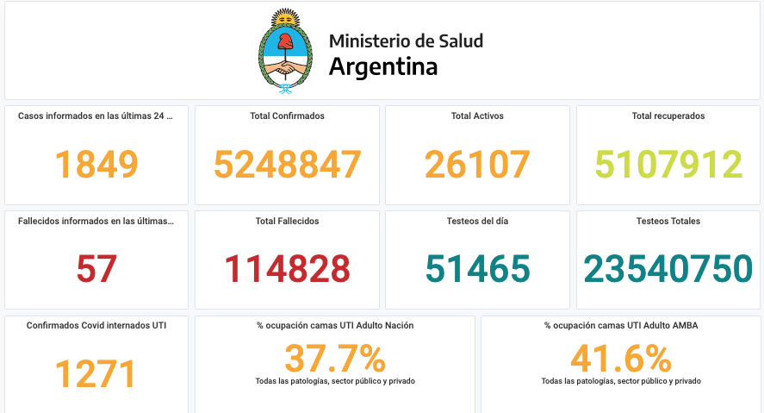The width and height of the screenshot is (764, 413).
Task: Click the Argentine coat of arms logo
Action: (x=286, y=52)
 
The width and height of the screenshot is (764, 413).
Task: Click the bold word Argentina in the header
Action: (x=382, y=66)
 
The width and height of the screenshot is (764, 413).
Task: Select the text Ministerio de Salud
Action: (x=406, y=41)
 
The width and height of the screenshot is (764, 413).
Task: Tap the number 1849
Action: (x=96, y=165)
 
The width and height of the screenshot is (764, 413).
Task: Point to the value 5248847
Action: (x=287, y=165)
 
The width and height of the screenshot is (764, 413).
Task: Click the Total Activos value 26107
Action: (x=477, y=165)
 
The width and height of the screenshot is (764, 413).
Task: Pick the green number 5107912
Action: (x=668, y=165)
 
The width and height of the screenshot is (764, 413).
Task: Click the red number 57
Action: (x=96, y=270)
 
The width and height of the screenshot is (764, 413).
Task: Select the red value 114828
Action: (x=287, y=270)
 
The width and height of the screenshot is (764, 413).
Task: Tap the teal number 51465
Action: (x=477, y=270)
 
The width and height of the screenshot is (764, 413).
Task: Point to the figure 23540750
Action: (x=668, y=270)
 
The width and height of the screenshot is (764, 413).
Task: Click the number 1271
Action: (x=96, y=375)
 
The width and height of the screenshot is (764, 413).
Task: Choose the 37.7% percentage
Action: (x=334, y=358)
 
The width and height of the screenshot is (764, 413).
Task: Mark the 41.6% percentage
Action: (x=620, y=358)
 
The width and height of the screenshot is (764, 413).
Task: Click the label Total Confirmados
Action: (x=287, y=116)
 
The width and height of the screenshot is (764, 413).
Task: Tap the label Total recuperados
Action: (x=668, y=116)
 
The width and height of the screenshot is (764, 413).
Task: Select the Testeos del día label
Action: (x=477, y=221)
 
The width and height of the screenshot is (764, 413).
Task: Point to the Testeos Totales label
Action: (x=668, y=221)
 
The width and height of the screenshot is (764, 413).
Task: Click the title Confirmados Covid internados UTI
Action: (x=96, y=326)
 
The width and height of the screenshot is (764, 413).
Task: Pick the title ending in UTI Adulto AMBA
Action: (x=620, y=326)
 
